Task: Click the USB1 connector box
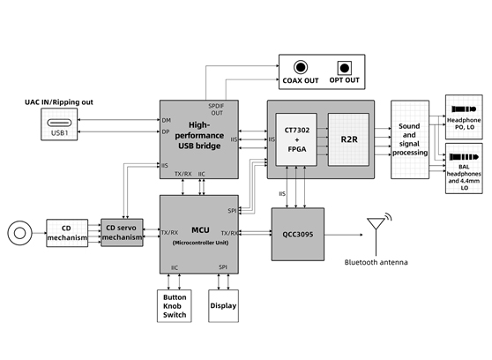click(59, 124)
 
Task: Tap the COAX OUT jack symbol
click(301, 67)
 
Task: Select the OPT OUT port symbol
click(344, 68)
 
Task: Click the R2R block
click(348, 139)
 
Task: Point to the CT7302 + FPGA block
click(296, 139)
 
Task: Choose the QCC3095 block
click(298, 235)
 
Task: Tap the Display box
click(223, 306)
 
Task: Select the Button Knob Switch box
click(175, 306)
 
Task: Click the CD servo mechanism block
click(122, 233)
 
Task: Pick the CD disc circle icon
click(19, 233)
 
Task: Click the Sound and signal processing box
click(410, 139)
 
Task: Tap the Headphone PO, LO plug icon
click(464, 109)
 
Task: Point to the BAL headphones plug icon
click(464, 157)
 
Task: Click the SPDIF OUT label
click(216, 109)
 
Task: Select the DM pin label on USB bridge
click(167, 120)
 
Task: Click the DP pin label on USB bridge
click(166, 132)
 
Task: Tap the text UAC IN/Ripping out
click(59, 102)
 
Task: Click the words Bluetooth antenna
click(376, 262)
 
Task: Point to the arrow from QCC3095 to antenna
click(344, 235)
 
